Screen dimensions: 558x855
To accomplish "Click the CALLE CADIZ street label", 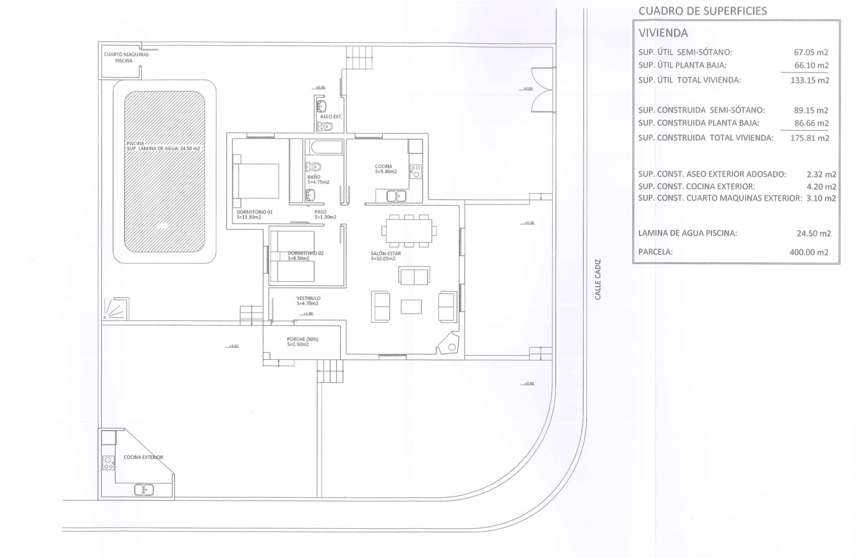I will (598, 279).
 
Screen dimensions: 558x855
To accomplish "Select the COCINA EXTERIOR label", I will (143, 457).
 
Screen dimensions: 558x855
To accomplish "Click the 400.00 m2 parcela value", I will (809, 252).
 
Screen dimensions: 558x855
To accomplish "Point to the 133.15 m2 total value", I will (809, 80).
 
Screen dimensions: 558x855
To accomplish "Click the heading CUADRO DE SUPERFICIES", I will (703, 11).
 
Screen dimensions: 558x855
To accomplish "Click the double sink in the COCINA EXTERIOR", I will (144, 490).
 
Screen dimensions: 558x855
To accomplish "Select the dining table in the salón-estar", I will (409, 231).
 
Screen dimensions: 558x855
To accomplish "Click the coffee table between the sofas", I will (411, 307).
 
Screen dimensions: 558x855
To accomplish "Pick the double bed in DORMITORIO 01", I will (257, 181).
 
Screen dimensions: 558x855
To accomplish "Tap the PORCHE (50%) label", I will (303, 342).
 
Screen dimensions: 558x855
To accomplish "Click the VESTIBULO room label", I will (308, 301).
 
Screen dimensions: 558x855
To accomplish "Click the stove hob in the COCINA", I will (415, 171).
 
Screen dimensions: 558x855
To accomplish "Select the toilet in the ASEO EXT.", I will (326, 126).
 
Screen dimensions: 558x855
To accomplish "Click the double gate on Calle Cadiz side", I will (542, 89).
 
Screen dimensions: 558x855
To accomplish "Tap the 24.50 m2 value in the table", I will (813, 233).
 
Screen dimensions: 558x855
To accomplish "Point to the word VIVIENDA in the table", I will (663, 33).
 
